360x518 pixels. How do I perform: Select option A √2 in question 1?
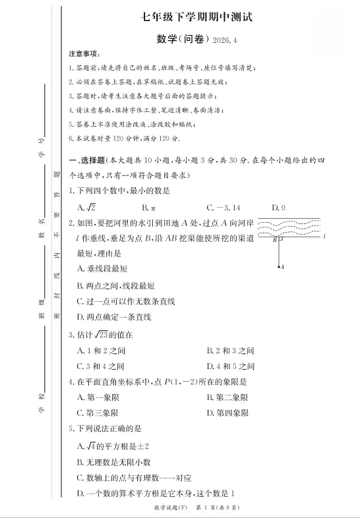86,208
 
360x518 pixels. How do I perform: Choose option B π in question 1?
152,208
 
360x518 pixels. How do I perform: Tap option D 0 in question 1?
278,208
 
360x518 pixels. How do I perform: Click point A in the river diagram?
281,267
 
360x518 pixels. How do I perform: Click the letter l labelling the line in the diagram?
324,235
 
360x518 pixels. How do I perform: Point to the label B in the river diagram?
274,240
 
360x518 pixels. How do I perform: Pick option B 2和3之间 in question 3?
230,351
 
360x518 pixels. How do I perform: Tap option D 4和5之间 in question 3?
230,366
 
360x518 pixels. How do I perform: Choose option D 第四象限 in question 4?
227,413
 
